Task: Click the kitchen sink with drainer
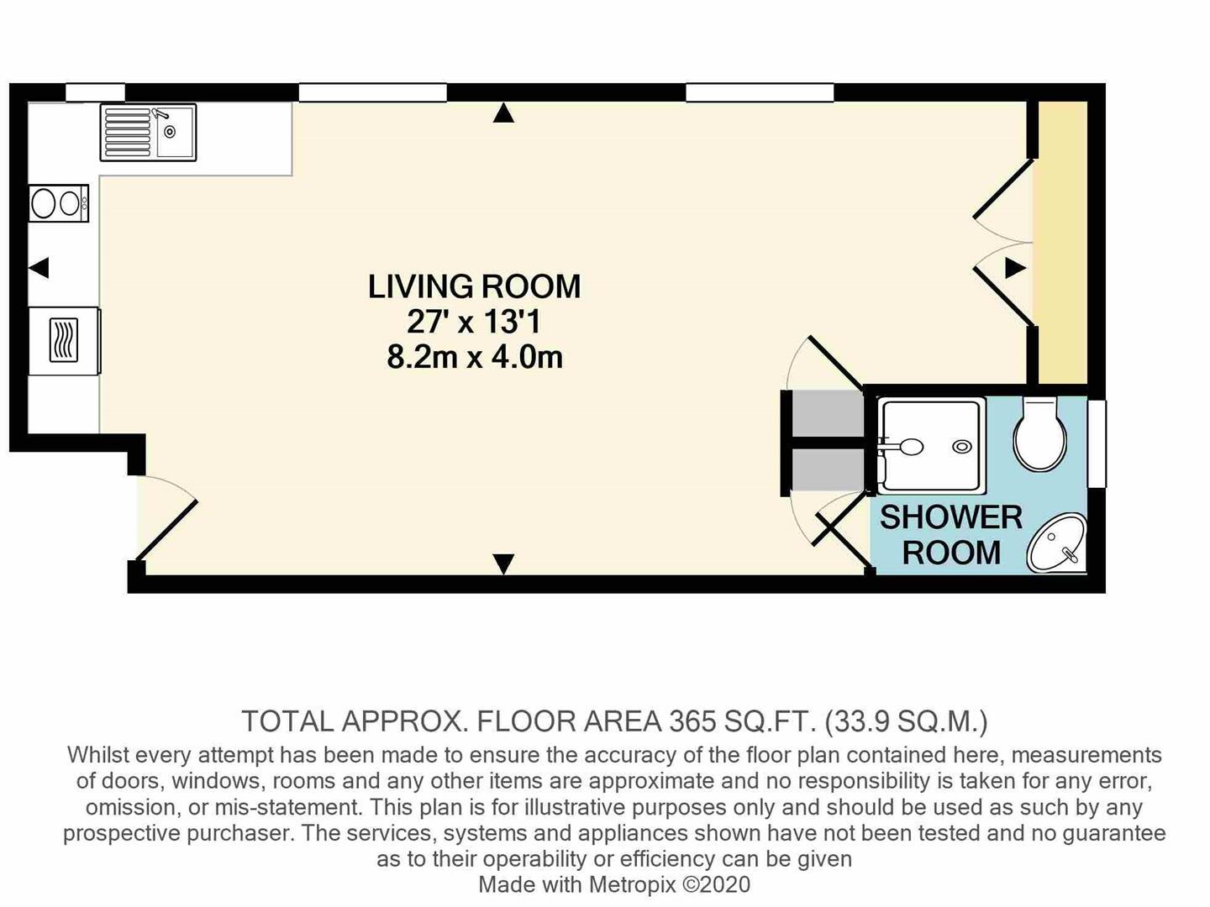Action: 148,132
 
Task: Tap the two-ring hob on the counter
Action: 59,203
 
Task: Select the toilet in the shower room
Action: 1039,434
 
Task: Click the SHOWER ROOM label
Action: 951,534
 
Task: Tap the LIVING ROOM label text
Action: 474,286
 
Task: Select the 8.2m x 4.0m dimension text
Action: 475,358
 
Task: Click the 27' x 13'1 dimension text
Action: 474,322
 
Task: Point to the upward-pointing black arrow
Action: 503,113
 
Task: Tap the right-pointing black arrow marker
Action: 1015,268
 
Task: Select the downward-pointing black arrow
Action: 503,564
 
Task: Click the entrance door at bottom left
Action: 166,530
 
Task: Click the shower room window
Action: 1097,444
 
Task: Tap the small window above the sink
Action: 95,92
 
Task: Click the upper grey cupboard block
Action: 828,413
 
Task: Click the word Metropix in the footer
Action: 632,884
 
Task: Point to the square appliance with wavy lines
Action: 64,340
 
